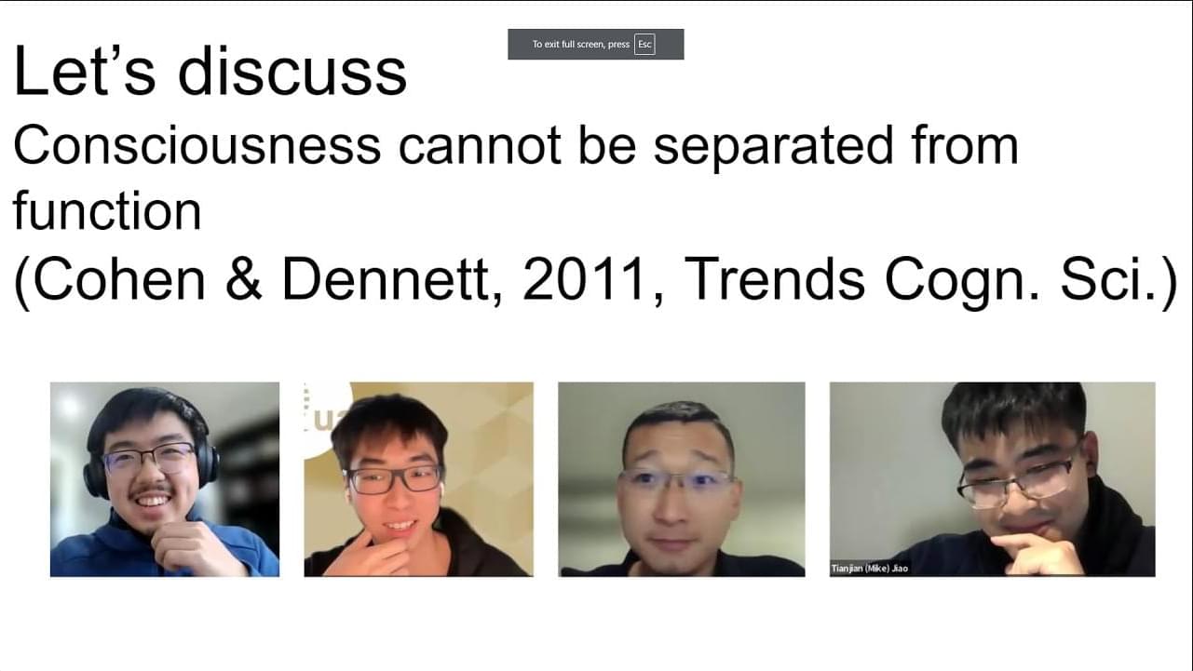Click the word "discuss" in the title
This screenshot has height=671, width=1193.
pos(291,72)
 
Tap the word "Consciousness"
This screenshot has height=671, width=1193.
pos(197,145)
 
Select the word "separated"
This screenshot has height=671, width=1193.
pos(773,147)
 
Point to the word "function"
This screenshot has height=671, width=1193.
pos(107,210)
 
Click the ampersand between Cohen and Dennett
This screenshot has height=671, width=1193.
pos(243,279)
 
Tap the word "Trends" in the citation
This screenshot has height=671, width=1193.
pos(774,279)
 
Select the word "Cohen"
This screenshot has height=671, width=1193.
pos(118,279)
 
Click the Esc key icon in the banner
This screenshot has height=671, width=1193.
pos(644,44)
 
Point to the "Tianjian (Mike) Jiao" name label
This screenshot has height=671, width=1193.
pos(869,569)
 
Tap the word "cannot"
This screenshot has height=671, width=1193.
pos(480,146)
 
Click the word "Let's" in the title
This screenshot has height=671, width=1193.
pos(84,71)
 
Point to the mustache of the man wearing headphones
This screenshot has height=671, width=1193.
pos(152,490)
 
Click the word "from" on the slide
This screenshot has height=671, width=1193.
pos(965,145)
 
